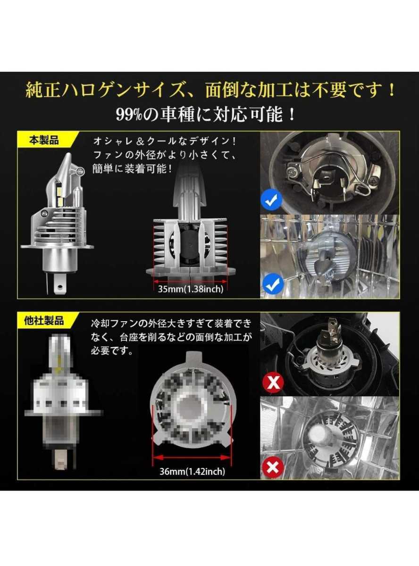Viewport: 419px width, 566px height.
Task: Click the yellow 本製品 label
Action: [x=44, y=141]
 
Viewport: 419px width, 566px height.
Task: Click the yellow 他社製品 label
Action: [x=44, y=321]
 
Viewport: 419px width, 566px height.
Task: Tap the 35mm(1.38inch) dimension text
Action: [x=191, y=289]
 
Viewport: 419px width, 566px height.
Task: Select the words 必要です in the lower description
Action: [x=111, y=352]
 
